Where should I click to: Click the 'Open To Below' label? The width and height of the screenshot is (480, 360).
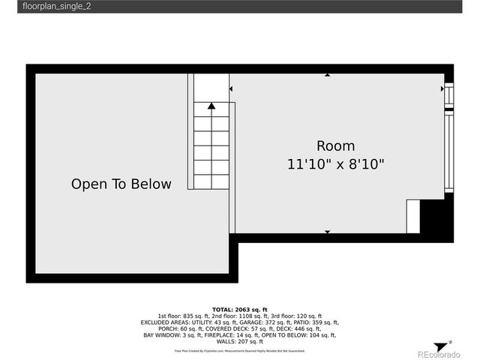click(121, 184)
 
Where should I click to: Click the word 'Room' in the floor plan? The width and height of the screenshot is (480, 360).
click(335, 146)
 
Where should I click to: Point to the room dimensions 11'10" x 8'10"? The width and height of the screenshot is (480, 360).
click(335, 164)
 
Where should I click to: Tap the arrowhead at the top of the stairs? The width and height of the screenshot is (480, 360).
click(212, 106)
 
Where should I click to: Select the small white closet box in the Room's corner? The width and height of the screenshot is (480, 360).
click(413, 216)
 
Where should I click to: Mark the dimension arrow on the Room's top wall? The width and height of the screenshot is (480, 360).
click(327, 74)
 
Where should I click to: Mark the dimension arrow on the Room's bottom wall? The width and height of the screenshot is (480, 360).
click(327, 232)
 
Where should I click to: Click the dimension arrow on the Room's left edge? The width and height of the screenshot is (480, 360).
click(231, 88)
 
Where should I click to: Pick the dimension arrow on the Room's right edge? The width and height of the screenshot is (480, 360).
click(442, 88)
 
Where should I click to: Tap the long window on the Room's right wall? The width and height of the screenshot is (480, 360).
click(449, 154)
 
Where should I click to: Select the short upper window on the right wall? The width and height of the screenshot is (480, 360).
click(449, 95)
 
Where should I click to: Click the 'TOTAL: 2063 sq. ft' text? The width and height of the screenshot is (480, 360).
click(240, 309)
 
